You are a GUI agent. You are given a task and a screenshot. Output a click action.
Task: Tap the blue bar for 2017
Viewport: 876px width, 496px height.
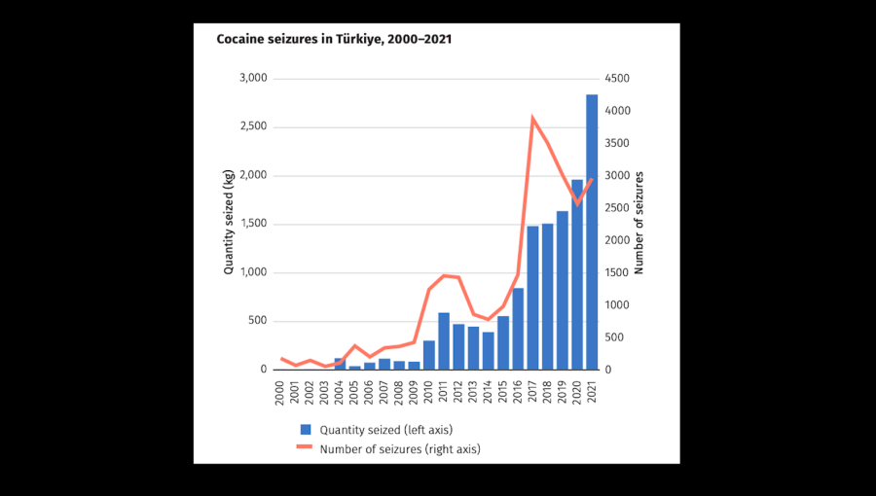coord(532,298)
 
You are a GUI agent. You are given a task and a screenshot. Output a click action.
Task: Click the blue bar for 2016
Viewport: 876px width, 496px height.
coord(518,329)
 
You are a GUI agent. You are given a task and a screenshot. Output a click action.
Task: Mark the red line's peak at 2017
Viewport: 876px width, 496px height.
coord(532,119)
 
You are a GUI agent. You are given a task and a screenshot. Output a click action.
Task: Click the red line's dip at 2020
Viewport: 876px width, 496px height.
coord(577,203)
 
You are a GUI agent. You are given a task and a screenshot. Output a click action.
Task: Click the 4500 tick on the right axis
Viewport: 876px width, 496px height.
coord(618,79)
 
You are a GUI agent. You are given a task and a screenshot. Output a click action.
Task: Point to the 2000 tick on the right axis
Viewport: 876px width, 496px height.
coord(618,240)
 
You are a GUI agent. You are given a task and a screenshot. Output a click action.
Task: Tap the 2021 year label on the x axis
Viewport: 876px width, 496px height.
coord(592,390)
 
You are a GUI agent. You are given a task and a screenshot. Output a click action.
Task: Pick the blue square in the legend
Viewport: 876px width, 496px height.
coord(306,429)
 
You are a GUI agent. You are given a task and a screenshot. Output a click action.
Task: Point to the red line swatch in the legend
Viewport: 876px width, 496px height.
coord(306,448)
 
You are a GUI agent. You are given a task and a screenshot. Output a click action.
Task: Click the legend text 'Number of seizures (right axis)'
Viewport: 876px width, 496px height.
coord(400,448)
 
